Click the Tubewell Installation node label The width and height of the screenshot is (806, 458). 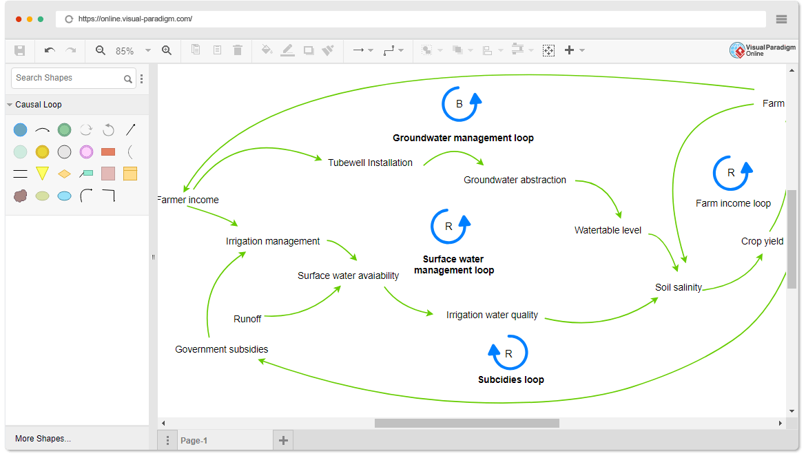[370, 163]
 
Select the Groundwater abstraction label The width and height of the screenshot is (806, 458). [515, 180]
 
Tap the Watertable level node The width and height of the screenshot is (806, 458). [608, 230]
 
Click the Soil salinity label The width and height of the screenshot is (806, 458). [679, 287]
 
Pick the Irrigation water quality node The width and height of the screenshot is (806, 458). [492, 315]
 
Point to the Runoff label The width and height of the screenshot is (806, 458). [247, 319]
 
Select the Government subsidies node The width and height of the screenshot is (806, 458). [221, 349]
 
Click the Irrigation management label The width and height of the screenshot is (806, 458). [273, 241]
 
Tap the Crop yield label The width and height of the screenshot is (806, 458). [761, 241]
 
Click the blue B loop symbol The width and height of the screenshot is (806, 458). [459, 104]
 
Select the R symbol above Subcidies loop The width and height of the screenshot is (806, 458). [508, 353]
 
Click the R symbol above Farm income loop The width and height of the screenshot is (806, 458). [731, 173]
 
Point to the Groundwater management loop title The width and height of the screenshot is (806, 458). [463, 138]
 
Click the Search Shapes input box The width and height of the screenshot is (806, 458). [67, 78]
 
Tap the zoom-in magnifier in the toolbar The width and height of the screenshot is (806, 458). [167, 50]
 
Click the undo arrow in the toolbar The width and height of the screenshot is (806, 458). [50, 50]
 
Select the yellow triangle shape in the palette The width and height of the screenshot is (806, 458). [42, 173]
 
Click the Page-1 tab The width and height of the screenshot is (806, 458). [194, 441]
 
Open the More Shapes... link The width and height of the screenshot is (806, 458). [43, 439]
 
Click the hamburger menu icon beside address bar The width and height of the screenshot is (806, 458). [781, 19]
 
